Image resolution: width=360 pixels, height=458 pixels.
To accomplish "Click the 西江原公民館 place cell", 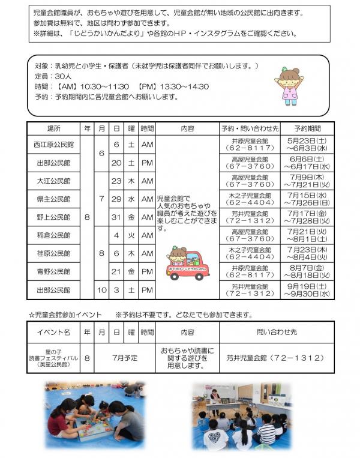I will pyautogui.click(x=53, y=145).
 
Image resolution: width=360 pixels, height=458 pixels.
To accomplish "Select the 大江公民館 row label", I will pyautogui.click(x=53, y=181).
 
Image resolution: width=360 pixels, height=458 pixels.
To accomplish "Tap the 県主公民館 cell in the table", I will pyautogui.click(x=53, y=199).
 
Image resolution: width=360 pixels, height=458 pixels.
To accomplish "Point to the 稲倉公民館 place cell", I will pyautogui.click(x=53, y=235).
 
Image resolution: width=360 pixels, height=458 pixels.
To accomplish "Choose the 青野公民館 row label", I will pyautogui.click(x=53, y=271).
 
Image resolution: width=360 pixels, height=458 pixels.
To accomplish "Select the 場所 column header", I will pyautogui.click(x=53, y=128).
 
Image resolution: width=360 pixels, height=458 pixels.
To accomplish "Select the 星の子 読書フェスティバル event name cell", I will pyautogui.click(x=54, y=358).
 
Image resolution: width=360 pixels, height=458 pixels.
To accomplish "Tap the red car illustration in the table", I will pyautogui.click(x=187, y=264).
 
